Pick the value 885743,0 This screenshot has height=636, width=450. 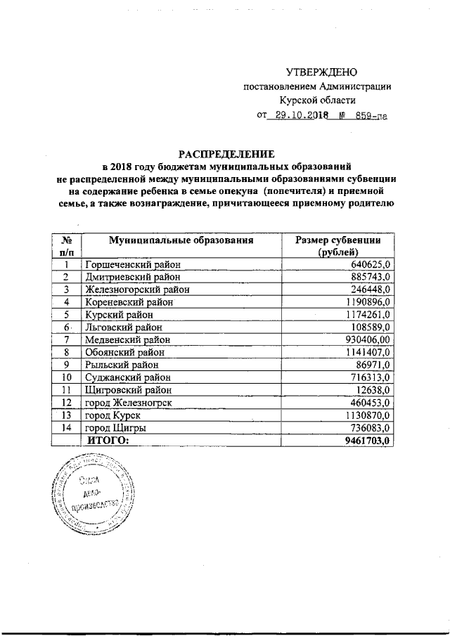370,277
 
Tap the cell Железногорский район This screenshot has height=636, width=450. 137,289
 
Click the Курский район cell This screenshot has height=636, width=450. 117,314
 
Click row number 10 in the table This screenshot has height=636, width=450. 66,377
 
